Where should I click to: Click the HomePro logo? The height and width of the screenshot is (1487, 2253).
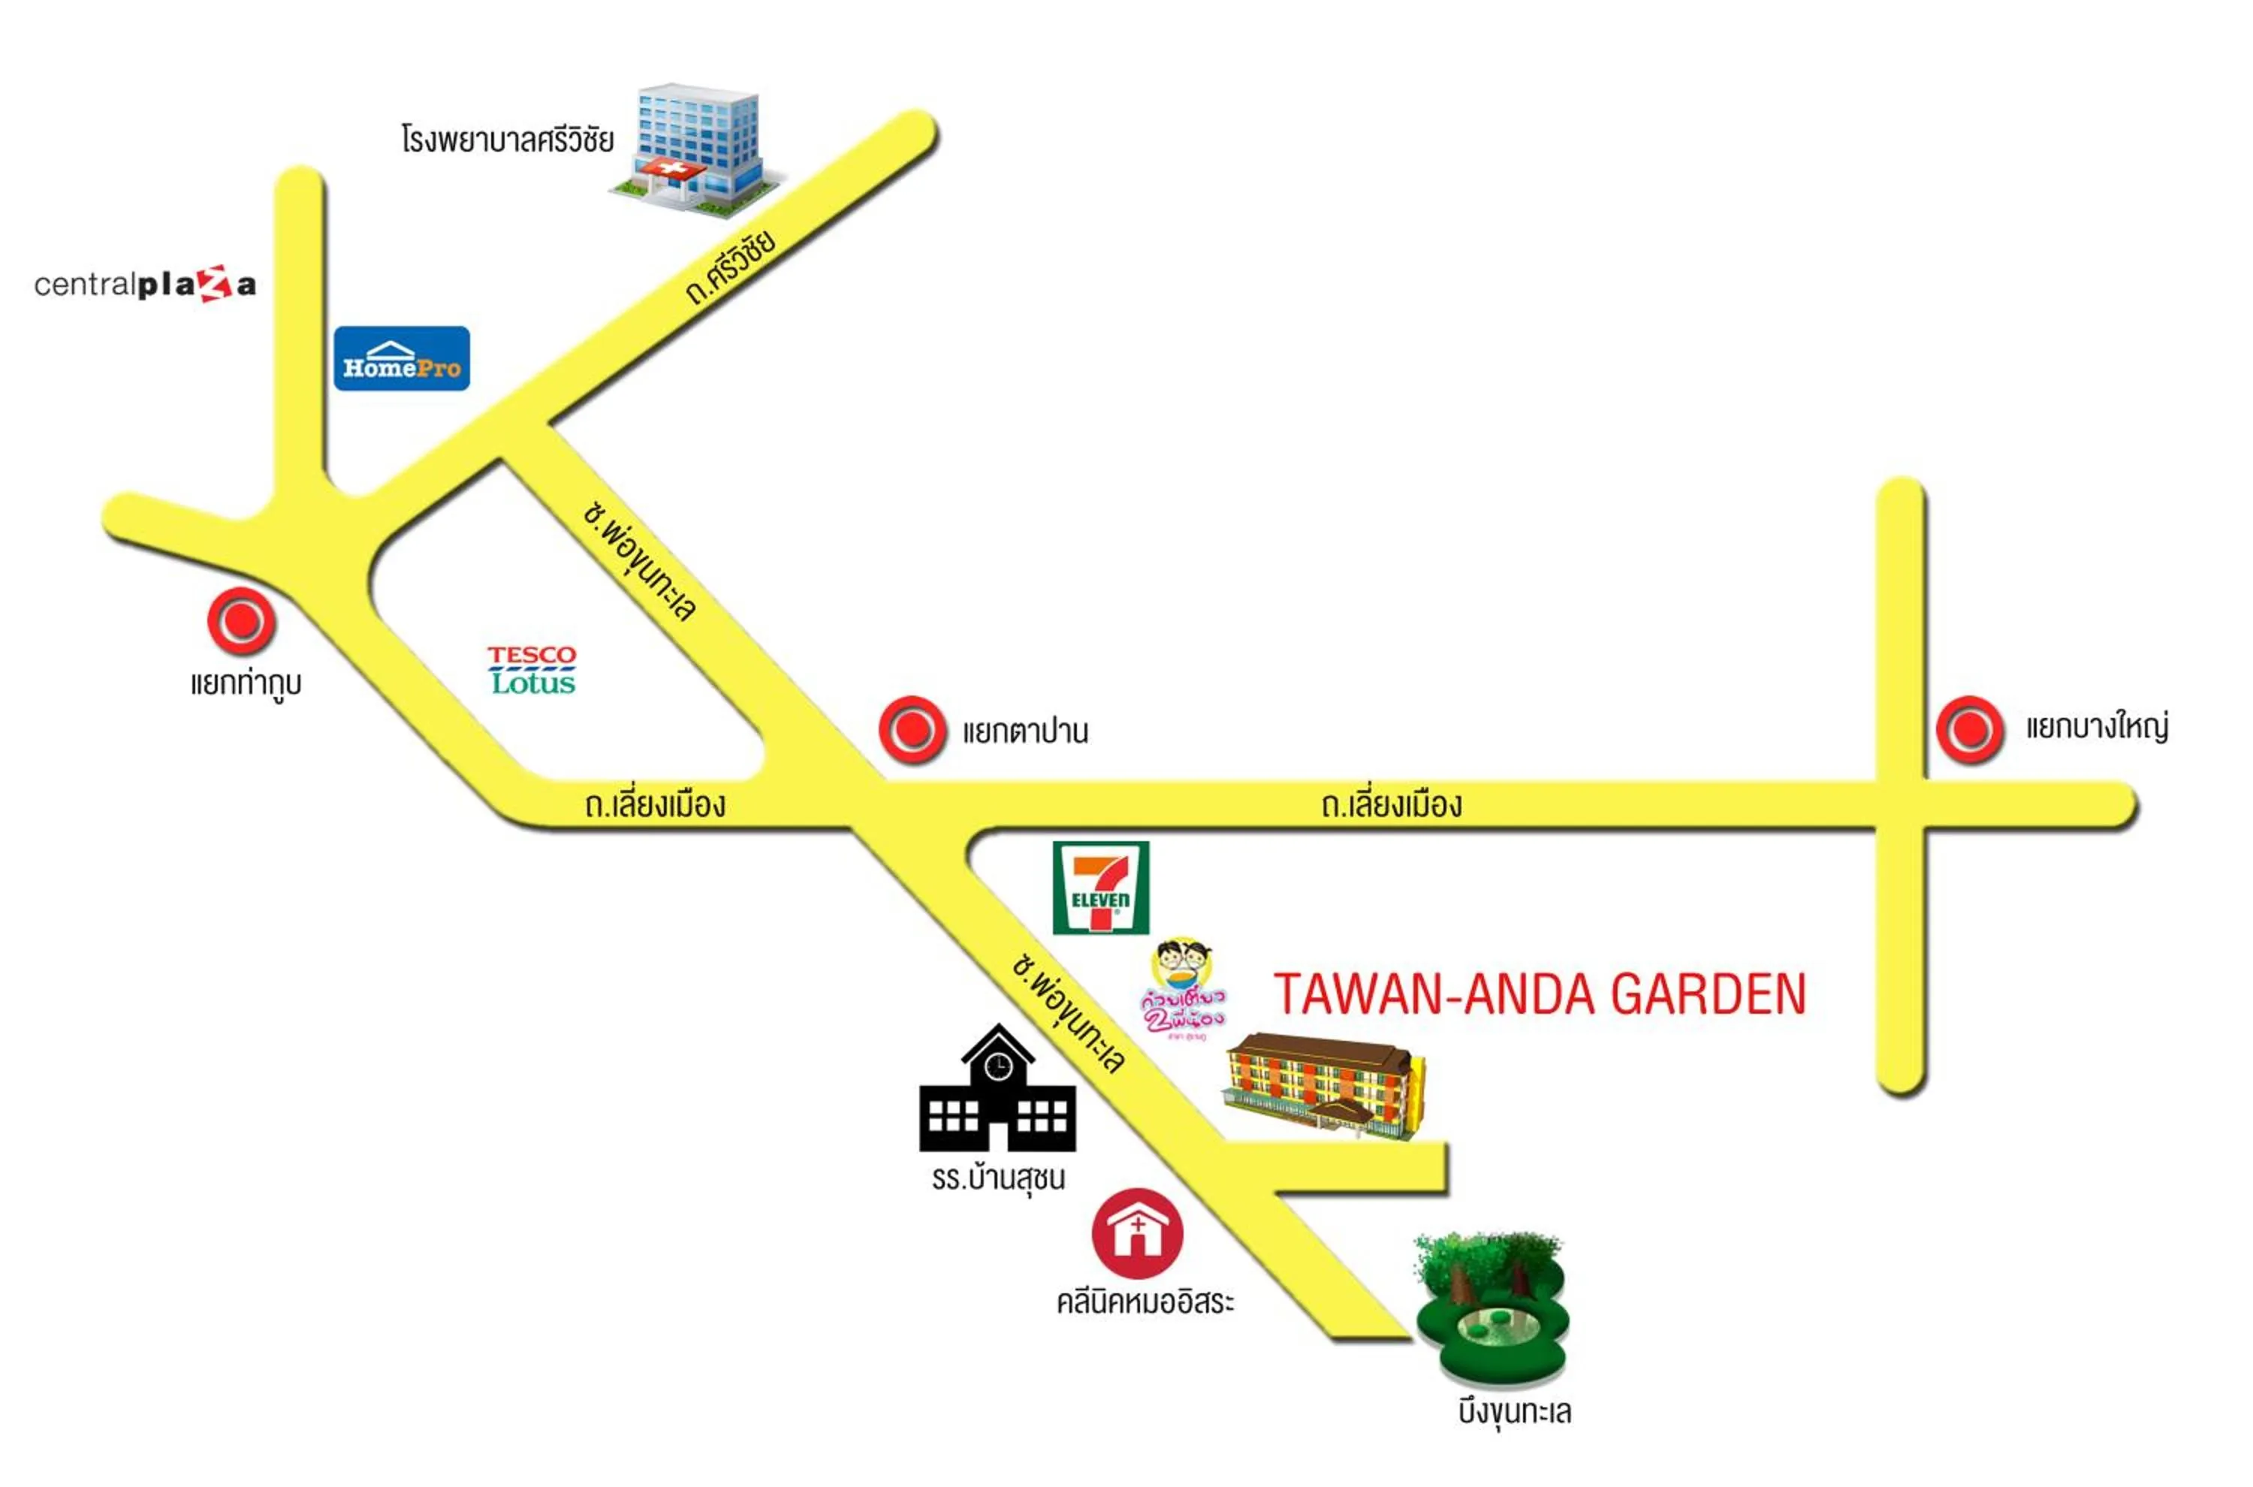(x=401, y=358)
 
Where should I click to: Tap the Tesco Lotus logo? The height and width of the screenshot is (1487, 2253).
(x=532, y=670)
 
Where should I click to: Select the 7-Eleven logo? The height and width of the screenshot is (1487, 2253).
(x=1100, y=887)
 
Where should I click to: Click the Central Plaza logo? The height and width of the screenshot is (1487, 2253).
(x=145, y=284)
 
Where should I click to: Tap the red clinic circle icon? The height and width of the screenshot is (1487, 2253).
(x=1137, y=1233)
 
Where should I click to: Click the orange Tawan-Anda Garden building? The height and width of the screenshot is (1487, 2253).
(x=1324, y=1087)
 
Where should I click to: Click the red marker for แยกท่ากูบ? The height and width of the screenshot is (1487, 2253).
(x=242, y=621)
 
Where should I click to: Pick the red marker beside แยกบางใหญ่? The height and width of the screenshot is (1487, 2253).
(x=1968, y=729)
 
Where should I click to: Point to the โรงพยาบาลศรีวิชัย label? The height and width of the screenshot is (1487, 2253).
(x=508, y=140)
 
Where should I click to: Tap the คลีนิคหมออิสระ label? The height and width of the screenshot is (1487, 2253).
(x=1145, y=1302)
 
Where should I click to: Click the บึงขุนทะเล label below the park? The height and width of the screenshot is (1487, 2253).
(x=1514, y=1412)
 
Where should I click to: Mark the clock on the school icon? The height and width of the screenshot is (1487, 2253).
(x=997, y=1067)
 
